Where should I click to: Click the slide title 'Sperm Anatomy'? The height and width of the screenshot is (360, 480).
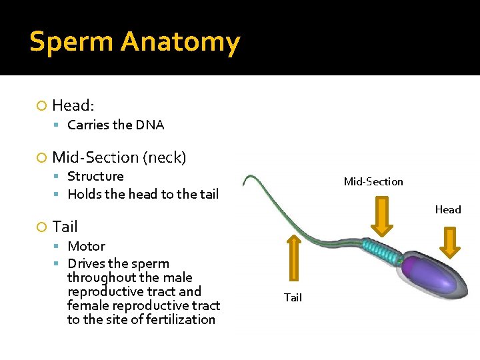(x=135, y=42)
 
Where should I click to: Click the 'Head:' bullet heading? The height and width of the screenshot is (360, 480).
(x=73, y=105)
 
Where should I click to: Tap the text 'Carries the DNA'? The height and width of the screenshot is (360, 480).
(x=115, y=125)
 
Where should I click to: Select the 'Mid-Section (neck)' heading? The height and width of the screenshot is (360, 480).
(x=119, y=157)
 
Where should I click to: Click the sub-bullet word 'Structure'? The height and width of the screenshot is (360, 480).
(x=95, y=176)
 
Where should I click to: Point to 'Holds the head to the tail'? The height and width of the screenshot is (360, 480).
(x=143, y=194)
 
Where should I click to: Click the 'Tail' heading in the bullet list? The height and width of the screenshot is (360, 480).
(x=65, y=227)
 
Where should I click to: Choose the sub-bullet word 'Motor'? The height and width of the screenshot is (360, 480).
(x=86, y=246)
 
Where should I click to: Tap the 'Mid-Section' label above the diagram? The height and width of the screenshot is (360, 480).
(x=373, y=181)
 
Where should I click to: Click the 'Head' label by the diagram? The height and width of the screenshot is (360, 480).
(x=448, y=209)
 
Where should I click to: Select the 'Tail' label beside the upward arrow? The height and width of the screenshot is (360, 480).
(x=293, y=297)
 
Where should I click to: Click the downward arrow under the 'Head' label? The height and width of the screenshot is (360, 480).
(x=450, y=242)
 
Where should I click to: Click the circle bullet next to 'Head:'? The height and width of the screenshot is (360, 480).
(x=43, y=106)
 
